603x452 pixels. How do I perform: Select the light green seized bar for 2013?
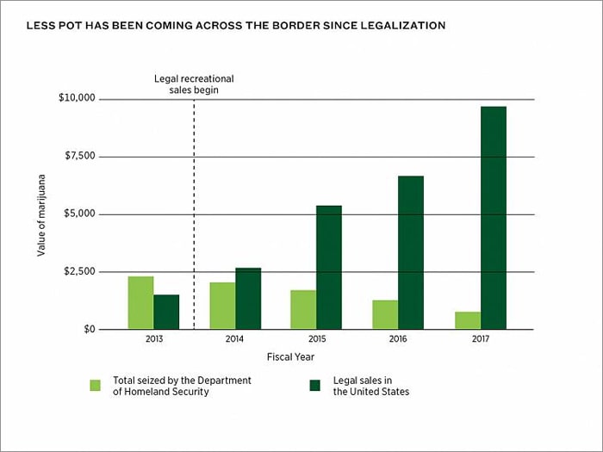coord(140,302)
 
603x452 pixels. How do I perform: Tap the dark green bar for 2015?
coord(329,267)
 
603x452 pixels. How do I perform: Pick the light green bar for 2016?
coord(385,314)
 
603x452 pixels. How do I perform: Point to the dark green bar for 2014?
coord(248,298)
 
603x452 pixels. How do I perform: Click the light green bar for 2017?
coord(468,320)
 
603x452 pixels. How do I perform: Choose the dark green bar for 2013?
coord(166,312)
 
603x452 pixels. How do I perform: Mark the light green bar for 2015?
coord(303,309)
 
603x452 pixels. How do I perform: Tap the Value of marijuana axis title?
coord(41,214)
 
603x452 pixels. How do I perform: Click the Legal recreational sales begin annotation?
coord(194,84)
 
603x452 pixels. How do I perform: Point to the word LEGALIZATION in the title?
coord(396,26)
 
